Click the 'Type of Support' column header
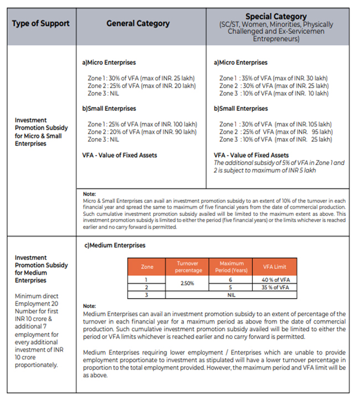tap(42, 23)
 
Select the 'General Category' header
tap(138, 23)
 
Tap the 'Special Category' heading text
tap(276, 17)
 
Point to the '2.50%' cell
tap(187, 283)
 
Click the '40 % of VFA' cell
tap(275, 279)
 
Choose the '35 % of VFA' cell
tap(275, 288)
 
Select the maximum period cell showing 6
tap(232, 279)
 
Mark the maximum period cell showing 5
tap(232, 288)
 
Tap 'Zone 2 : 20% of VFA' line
tap(142, 132)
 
